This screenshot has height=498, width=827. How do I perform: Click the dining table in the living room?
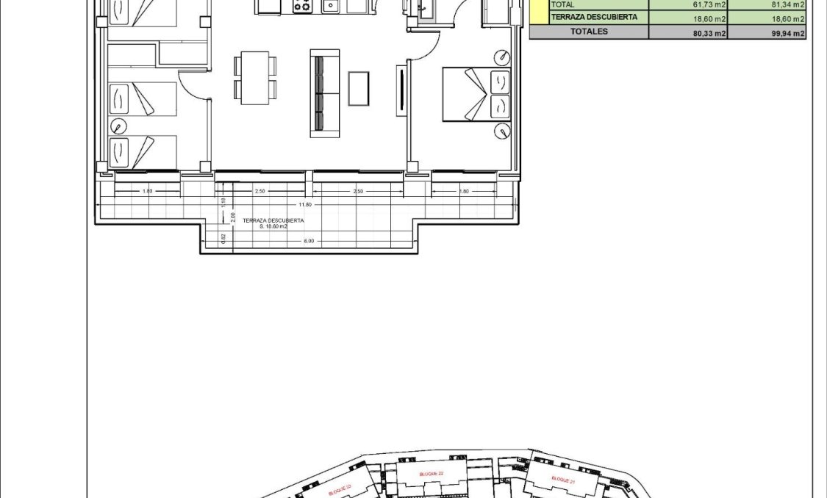255,77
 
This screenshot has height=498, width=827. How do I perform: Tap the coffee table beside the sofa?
359,88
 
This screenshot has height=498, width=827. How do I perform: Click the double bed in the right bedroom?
476,93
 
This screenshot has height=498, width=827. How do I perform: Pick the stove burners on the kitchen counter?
302,7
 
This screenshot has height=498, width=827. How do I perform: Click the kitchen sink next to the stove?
330,7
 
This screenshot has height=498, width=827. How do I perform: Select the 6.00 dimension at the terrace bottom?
309,241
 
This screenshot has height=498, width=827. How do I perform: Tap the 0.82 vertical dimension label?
223,238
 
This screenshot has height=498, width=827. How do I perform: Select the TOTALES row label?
589,32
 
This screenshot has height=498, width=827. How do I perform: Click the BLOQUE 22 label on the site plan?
431,474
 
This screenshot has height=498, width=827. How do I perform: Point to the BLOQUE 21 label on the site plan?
562,479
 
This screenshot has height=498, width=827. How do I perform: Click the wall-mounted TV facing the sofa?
401,91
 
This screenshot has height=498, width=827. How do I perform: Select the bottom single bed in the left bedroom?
143,152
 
